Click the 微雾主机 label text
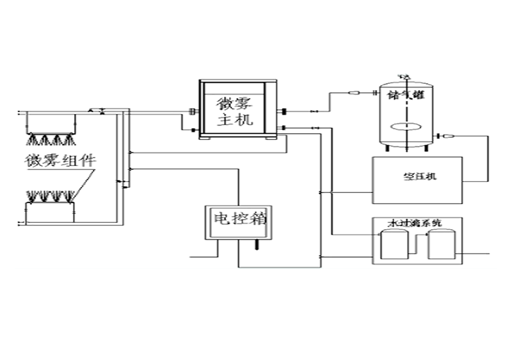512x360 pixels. [236, 110]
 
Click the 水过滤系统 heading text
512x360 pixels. [415, 224]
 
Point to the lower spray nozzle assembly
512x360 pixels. [51, 195]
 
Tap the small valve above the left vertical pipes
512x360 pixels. [93, 110]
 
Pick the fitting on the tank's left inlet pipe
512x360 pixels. [353, 94]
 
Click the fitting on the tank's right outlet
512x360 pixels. [447, 136]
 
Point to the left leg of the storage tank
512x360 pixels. [387, 149]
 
